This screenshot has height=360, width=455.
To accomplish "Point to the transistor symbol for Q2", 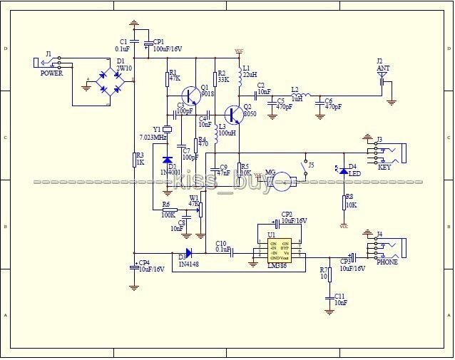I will tap(234, 115).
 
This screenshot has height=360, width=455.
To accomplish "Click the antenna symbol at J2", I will tap(382, 73).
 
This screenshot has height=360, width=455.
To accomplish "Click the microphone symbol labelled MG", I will tap(284, 180).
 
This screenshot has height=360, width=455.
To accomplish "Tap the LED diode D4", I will tap(344, 170).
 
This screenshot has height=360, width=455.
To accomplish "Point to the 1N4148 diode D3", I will tap(188, 252).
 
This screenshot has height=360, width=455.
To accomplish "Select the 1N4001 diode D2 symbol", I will tap(168, 160).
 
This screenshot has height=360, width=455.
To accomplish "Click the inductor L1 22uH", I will tap(237, 73).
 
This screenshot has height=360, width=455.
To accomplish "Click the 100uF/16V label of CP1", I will tap(168, 49).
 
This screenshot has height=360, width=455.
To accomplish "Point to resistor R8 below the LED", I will tap(344, 202).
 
